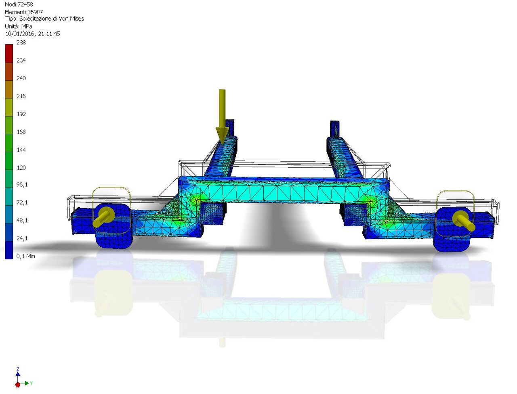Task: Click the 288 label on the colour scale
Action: click(x=21, y=43)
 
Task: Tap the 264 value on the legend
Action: click(x=21, y=60)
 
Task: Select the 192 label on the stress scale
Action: click(x=21, y=114)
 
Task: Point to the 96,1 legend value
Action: click(x=22, y=185)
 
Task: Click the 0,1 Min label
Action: click(x=25, y=256)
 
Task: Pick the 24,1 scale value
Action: click(x=22, y=238)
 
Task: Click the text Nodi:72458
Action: click(x=19, y=4)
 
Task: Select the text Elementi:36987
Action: click(x=24, y=12)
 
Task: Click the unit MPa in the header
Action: click(x=26, y=26)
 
